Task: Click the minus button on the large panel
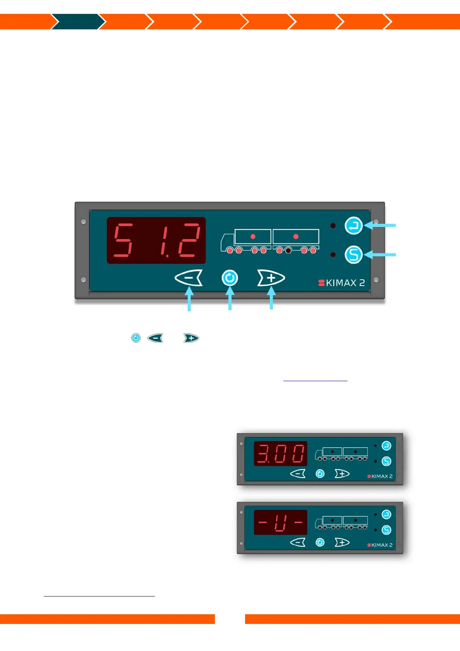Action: point(189,278)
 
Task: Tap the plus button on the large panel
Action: point(271,278)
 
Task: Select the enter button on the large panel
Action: point(353,225)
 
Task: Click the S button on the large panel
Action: point(353,254)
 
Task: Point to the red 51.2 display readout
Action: point(156,240)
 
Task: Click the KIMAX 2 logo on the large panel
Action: point(342,283)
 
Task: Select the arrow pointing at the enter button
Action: point(381,225)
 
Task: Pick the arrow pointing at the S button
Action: point(381,254)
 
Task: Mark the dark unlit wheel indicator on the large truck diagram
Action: point(288,251)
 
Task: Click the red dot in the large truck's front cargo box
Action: point(253,237)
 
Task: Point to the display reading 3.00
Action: point(281,453)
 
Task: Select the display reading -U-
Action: point(281,522)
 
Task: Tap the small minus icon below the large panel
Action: point(155,338)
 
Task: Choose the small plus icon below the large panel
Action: point(191,338)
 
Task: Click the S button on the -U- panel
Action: point(386,530)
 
